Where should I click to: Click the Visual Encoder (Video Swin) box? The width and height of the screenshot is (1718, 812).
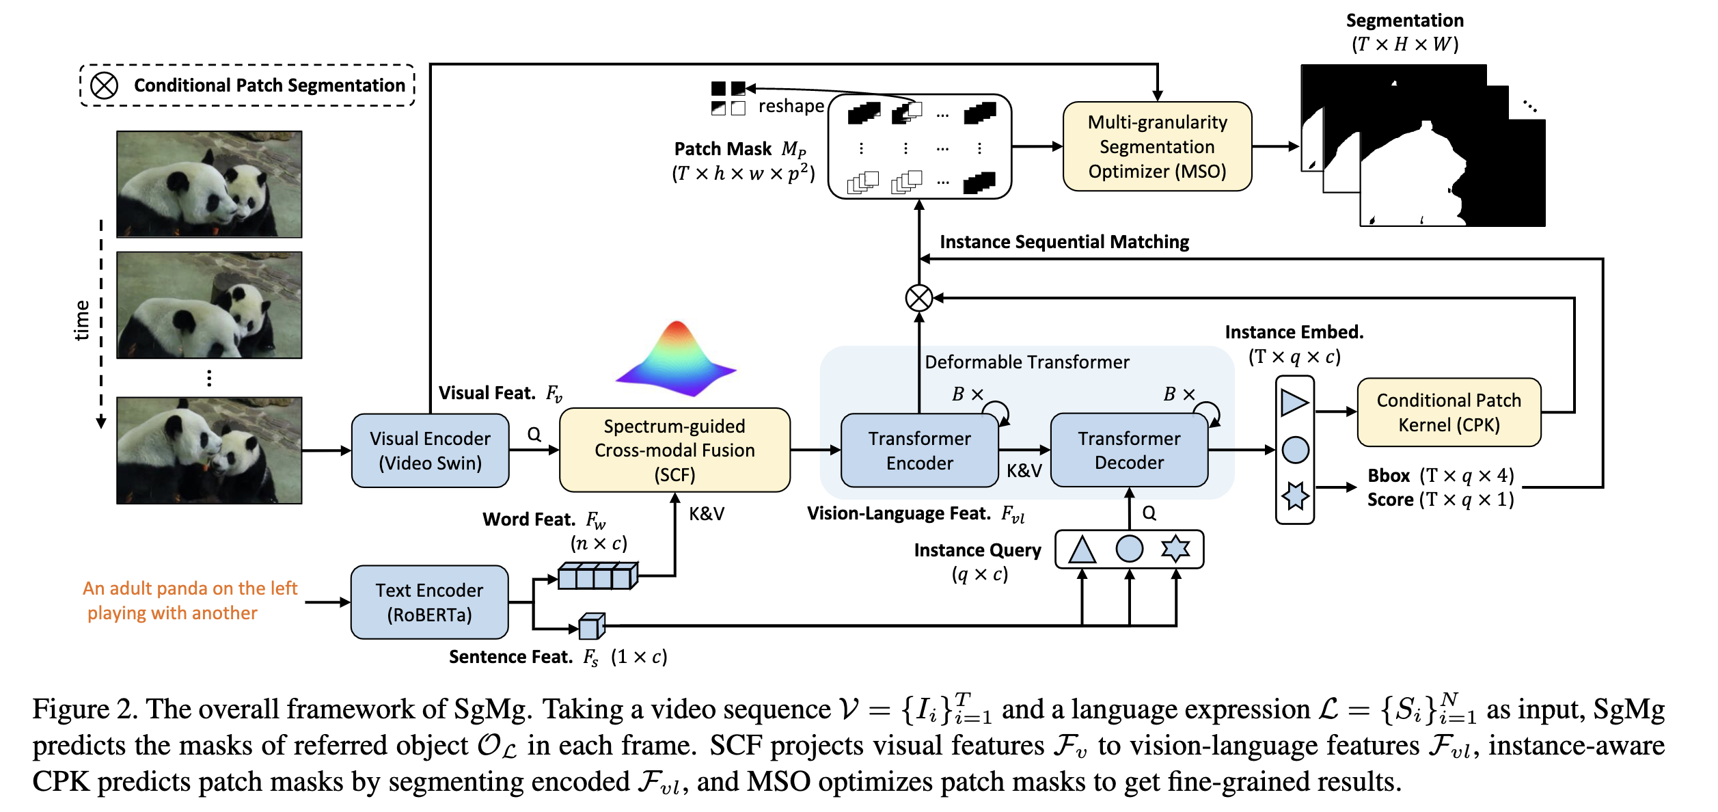tap(430, 450)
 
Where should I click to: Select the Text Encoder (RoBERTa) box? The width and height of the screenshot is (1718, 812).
tap(429, 602)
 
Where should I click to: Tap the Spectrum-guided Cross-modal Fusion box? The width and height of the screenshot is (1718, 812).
tap(674, 450)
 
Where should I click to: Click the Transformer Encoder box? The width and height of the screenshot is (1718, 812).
tap(919, 450)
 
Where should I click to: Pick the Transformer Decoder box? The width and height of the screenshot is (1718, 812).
tap(1129, 450)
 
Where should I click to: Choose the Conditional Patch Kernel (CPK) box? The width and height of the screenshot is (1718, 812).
tap(1449, 412)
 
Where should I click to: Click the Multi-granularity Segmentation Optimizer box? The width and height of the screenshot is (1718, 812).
tap(1157, 146)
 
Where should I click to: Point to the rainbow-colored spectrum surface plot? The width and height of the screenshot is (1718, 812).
tap(677, 360)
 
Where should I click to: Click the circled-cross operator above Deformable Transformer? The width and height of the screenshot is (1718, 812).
tap(919, 298)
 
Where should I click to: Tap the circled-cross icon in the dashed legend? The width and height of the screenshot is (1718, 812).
tap(105, 85)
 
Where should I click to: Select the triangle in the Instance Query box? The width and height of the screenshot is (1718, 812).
tap(1082, 550)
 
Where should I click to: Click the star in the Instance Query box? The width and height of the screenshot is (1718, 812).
tap(1175, 549)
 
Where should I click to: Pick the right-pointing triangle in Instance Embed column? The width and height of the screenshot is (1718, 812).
tap(1294, 403)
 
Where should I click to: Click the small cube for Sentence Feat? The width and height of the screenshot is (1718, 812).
tap(591, 626)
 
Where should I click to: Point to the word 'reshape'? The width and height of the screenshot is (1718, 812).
tap(791, 107)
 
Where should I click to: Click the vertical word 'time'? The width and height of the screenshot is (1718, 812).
tap(82, 320)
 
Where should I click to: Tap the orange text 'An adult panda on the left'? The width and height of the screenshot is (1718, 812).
tap(190, 588)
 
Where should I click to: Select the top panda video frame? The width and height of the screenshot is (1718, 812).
tap(209, 185)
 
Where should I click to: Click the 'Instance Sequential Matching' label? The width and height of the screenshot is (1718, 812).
tap(1064, 242)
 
